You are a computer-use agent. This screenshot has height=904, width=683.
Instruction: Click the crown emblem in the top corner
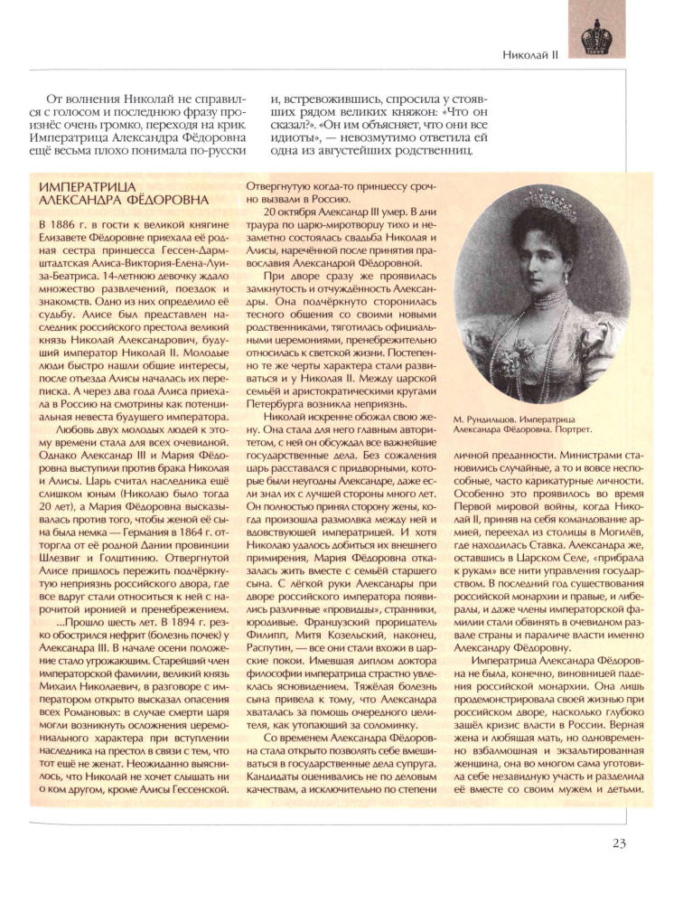coord(597,38)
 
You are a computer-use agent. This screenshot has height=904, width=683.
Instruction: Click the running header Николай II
coord(531,55)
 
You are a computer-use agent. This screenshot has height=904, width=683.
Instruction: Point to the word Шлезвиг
coord(51,551)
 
